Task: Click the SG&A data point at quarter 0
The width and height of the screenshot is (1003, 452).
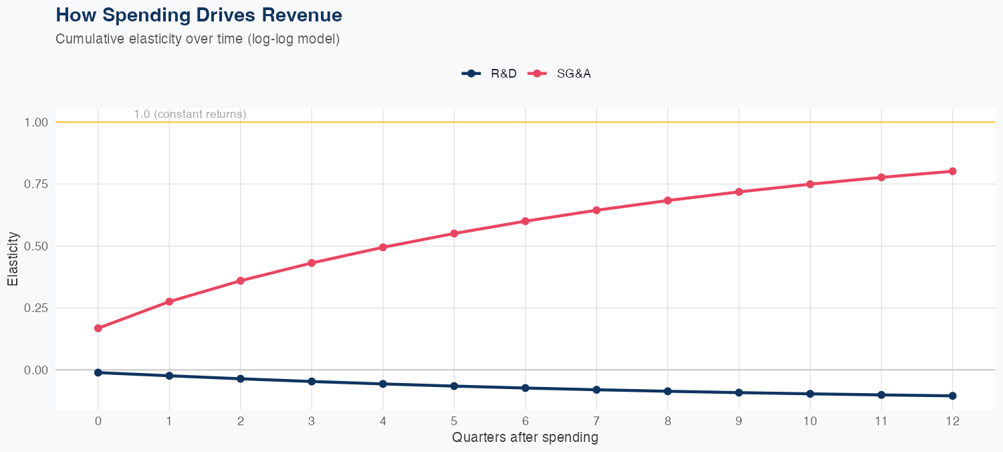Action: click(x=98, y=328)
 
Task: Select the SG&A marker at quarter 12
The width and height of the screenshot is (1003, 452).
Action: click(x=952, y=171)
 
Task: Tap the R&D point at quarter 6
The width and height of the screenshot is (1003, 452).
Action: click(x=526, y=388)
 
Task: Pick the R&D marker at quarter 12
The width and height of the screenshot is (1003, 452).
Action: click(x=952, y=396)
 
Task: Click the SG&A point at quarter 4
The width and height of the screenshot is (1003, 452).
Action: click(x=383, y=247)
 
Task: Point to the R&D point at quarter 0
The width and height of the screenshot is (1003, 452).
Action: click(x=98, y=372)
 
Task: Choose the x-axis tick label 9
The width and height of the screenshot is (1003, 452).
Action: click(x=739, y=421)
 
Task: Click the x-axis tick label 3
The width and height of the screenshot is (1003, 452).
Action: click(x=312, y=421)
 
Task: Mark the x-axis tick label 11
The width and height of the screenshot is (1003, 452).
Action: click(x=881, y=421)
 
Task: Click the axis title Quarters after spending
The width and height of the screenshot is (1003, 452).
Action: click(x=525, y=438)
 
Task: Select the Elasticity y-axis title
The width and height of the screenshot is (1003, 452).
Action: click(x=13, y=258)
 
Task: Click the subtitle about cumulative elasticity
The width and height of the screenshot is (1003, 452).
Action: click(x=198, y=39)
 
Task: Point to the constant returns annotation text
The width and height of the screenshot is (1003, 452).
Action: click(x=190, y=114)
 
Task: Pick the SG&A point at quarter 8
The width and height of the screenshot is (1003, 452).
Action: click(x=668, y=200)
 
